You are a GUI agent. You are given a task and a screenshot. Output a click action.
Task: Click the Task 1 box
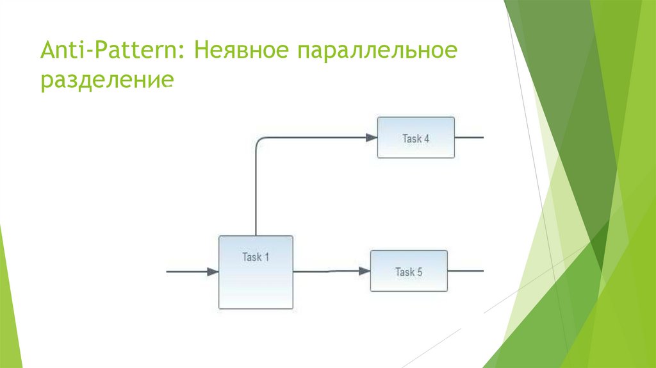[x=256, y=282]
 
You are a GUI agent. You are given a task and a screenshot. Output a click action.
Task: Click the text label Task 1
[x=256, y=257]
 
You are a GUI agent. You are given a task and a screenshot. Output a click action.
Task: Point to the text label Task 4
[x=416, y=138]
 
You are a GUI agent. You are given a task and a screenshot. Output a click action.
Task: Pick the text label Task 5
[x=409, y=272]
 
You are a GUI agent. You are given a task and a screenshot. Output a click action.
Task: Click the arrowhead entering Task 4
[x=371, y=137]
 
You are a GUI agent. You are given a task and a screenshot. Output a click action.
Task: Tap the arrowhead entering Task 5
[x=364, y=271]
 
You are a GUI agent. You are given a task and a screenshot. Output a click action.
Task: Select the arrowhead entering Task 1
[x=213, y=272]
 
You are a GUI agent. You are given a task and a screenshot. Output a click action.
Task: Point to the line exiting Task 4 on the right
[x=469, y=137]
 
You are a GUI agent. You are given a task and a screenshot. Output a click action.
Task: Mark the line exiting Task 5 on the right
[x=465, y=271]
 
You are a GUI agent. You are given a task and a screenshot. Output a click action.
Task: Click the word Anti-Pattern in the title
[x=110, y=49]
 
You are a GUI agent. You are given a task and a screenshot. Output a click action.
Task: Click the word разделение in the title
[x=106, y=81]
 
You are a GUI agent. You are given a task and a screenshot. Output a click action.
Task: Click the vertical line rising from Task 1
[x=256, y=192]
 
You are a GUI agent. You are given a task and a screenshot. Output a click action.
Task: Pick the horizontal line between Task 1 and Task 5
[x=327, y=271]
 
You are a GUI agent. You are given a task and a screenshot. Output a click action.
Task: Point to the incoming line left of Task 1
[x=186, y=272]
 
